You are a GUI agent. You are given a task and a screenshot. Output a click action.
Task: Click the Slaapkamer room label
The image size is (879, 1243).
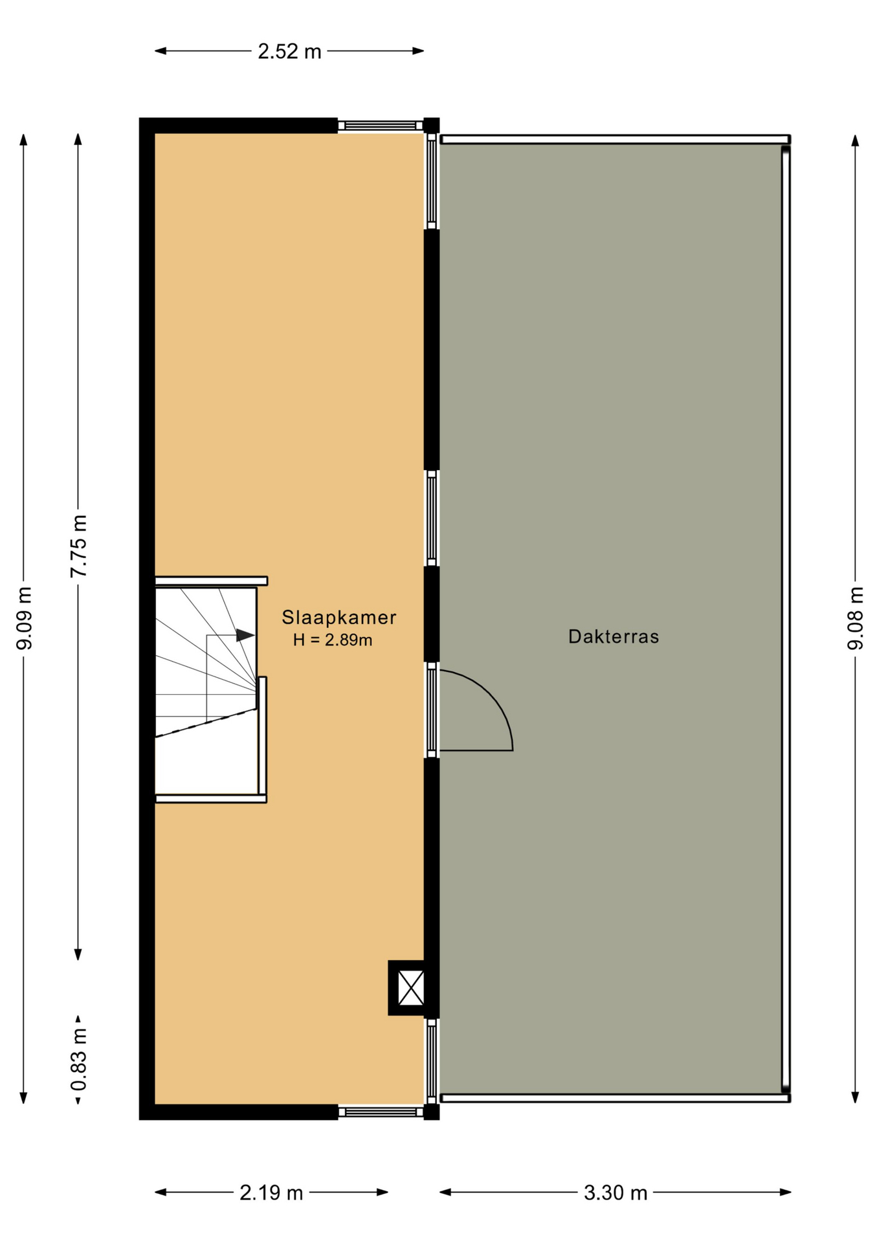(339, 618)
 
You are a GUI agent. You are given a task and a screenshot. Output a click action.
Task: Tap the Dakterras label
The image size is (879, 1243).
(614, 637)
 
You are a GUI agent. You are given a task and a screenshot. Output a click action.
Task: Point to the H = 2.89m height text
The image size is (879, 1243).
(333, 640)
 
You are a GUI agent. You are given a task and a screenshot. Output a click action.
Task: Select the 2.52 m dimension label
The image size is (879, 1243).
(289, 52)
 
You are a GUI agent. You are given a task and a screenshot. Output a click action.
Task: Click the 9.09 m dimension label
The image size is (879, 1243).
(25, 618)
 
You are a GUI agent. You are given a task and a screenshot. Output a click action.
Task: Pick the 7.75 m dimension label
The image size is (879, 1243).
(79, 546)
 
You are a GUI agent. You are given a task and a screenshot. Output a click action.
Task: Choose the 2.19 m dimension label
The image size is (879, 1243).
(271, 1193)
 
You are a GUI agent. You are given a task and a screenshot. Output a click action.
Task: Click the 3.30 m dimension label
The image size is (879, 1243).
(616, 1193)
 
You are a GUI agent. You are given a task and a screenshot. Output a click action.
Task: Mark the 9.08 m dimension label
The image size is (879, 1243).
(856, 618)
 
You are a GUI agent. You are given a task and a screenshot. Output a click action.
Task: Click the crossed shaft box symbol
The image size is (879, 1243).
(410, 988)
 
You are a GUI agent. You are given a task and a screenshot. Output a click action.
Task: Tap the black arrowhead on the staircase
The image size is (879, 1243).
(245, 635)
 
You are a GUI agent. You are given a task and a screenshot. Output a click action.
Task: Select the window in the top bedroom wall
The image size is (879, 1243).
(380, 126)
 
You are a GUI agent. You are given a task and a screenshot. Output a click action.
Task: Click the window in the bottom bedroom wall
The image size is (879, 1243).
(380, 1112)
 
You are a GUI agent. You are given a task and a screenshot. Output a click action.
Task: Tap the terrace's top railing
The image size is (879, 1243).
(615, 139)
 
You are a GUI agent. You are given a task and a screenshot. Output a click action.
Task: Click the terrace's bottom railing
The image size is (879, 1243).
(615, 1098)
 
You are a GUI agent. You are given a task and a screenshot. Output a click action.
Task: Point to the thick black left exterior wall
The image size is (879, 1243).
(147, 619)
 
